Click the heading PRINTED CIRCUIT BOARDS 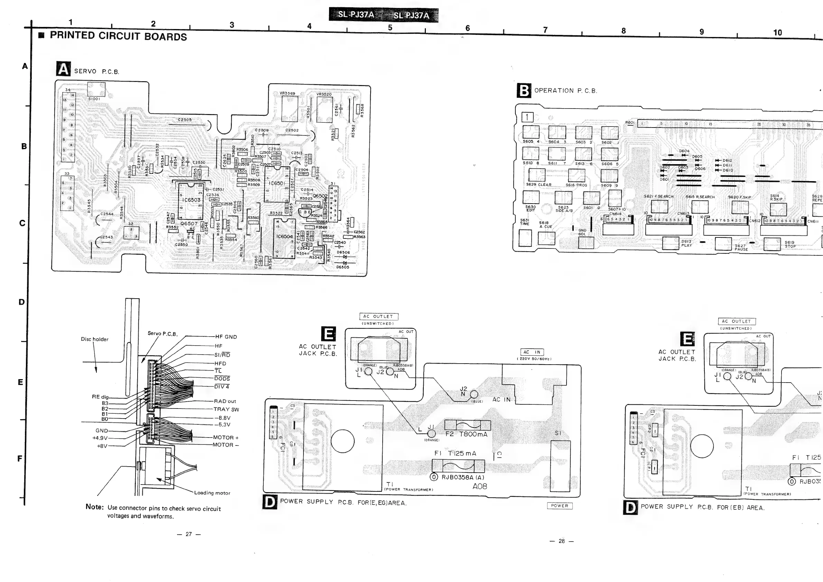click(118, 36)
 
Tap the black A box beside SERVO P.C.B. click(64, 69)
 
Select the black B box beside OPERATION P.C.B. click(524, 91)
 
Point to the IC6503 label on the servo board click(191, 200)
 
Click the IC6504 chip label click(284, 236)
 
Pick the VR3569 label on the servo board click(288, 94)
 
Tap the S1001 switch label click(94, 98)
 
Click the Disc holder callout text click(94, 339)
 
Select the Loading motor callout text click(212, 493)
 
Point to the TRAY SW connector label click(226, 409)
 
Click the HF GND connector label click(226, 337)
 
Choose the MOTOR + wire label click(225, 438)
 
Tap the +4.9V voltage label click(100, 438)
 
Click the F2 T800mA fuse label click(466, 434)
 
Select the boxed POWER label click(560, 506)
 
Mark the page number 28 click(561, 541)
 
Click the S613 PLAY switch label click(686, 243)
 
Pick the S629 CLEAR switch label click(539, 185)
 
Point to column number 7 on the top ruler click(545, 30)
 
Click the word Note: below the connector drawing click(95, 507)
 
